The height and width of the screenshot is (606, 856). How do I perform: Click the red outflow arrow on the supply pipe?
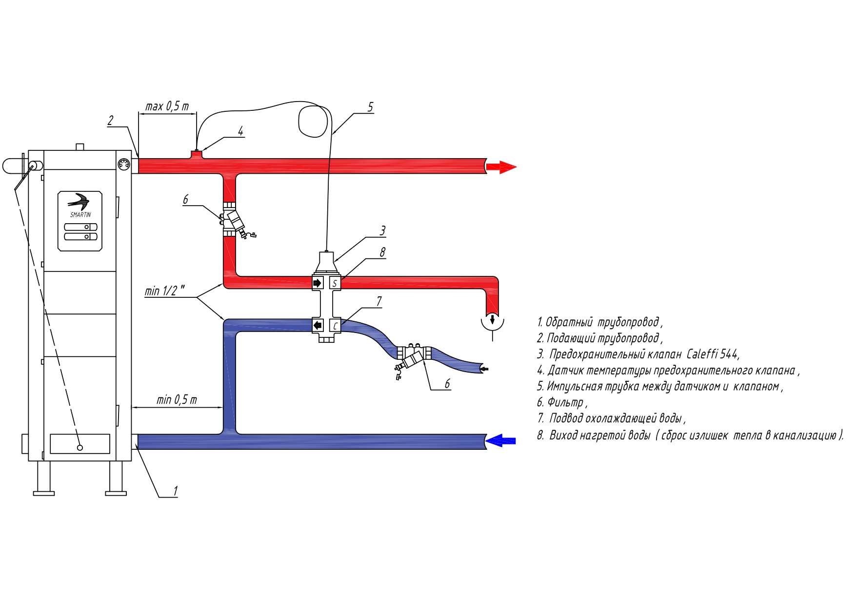(x=501, y=167)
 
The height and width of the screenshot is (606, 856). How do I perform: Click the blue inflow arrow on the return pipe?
(x=500, y=440)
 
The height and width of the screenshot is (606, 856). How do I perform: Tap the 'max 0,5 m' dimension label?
(x=167, y=106)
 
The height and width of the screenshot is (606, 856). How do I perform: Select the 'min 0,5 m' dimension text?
(x=177, y=400)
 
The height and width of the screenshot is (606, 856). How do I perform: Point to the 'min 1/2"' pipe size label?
(x=164, y=291)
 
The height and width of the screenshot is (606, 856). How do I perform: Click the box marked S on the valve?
(x=335, y=283)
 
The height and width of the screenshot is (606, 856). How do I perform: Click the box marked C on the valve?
(x=335, y=325)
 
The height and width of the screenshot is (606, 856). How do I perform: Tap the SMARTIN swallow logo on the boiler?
(x=80, y=201)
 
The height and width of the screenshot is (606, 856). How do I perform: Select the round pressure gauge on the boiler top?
(x=124, y=164)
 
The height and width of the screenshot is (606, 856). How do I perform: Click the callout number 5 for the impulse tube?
(x=370, y=107)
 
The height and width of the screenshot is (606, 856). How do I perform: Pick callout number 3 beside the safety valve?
(x=383, y=230)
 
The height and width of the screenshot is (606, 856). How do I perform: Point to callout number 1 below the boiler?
(x=175, y=491)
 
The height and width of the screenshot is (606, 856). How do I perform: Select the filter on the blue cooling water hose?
(x=413, y=359)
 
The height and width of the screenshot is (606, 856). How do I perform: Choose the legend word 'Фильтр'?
(x=565, y=402)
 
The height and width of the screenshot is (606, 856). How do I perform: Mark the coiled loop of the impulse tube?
(x=313, y=121)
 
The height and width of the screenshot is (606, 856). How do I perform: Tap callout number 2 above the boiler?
(x=111, y=121)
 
